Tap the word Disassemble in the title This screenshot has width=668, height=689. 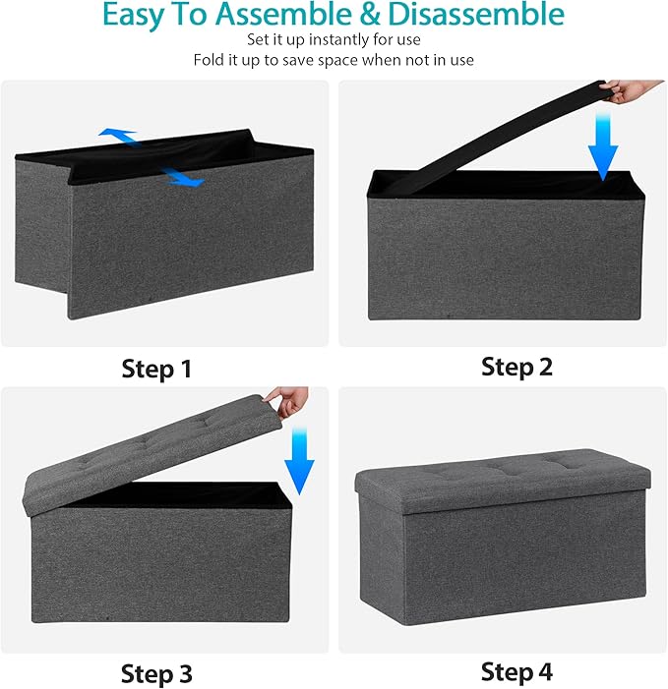coord(474,16)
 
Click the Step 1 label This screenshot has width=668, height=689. coord(156,369)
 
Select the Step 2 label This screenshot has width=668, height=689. coord(516,367)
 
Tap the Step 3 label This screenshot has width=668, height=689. coord(156,673)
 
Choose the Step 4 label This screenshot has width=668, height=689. coord(516,671)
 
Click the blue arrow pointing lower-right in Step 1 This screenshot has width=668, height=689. coord(182,178)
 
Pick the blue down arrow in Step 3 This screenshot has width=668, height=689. coord(298,461)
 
